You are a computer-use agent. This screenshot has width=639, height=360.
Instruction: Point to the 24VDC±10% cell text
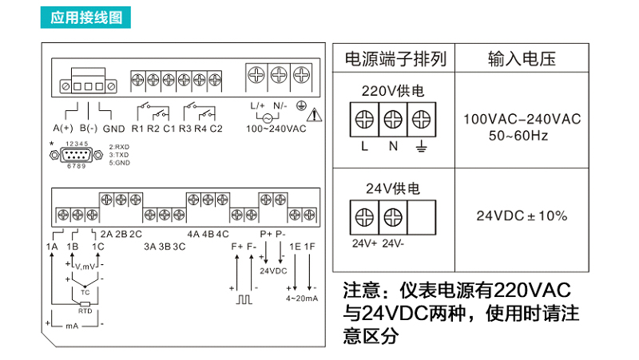pyautogui.click(x=522, y=216)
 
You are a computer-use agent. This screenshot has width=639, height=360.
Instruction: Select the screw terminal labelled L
pyautogui.click(x=364, y=120)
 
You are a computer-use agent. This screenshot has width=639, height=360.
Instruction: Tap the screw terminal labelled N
pyautogui.click(x=392, y=120)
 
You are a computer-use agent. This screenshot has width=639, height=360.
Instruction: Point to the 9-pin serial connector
pyautogui.click(x=77, y=155)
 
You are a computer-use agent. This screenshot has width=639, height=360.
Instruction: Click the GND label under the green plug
pyautogui.click(x=113, y=129)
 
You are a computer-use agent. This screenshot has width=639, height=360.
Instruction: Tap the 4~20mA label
pyautogui.click(x=302, y=299)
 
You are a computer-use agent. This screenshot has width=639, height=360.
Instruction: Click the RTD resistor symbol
pyautogui.click(x=85, y=304)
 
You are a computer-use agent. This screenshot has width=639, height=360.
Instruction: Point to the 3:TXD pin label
pyautogui.click(x=119, y=155)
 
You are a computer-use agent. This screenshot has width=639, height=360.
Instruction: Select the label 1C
pyautogui.click(x=97, y=247)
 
